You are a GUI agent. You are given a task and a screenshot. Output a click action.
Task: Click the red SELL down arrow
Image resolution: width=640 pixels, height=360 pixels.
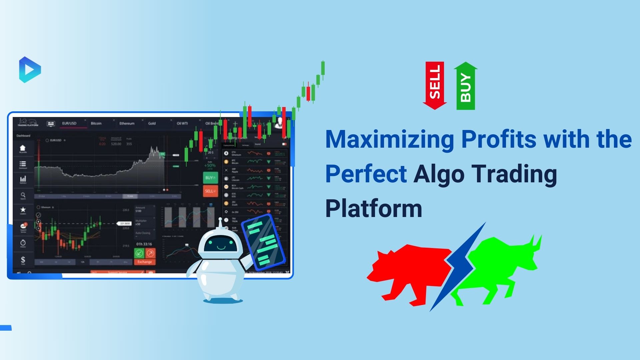pyautogui.click(x=435, y=85)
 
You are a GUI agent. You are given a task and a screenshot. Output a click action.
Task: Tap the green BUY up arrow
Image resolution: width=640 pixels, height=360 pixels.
pyautogui.click(x=466, y=86)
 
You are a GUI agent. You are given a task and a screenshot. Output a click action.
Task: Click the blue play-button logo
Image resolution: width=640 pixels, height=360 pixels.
pyautogui.click(x=30, y=70)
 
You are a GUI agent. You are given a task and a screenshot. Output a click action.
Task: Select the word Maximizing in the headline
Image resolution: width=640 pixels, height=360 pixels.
pyautogui.click(x=390, y=139)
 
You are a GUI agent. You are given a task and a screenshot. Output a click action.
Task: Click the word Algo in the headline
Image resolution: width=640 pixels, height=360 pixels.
pyautogui.click(x=439, y=174)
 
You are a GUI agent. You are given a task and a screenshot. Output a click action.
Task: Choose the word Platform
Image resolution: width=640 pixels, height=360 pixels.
pyautogui.click(x=374, y=209)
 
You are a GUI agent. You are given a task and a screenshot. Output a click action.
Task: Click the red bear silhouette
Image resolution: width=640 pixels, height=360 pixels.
pyautogui.click(x=408, y=272)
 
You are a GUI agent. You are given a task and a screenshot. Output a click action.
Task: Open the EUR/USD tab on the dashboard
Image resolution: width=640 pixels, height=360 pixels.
pyautogui.click(x=69, y=123)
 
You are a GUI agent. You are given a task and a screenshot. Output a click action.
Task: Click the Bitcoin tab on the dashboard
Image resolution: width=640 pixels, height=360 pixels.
pyautogui.click(x=96, y=123)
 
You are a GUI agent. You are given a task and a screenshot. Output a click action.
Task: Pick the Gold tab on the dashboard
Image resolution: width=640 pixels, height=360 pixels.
pyautogui.click(x=152, y=123)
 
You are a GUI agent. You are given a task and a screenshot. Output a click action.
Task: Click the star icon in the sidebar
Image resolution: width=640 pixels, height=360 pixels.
pyautogui.click(x=23, y=210)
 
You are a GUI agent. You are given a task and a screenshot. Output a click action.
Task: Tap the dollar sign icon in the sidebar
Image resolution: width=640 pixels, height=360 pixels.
pyautogui.click(x=23, y=259)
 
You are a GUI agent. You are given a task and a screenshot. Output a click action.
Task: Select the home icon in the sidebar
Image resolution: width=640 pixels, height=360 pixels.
pyautogui.click(x=23, y=148)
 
